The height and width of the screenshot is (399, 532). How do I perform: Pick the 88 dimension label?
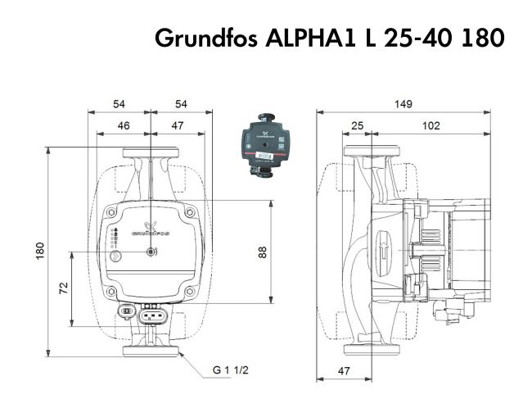pos(263,252)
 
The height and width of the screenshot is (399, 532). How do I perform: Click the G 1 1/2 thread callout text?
pos(231,370)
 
